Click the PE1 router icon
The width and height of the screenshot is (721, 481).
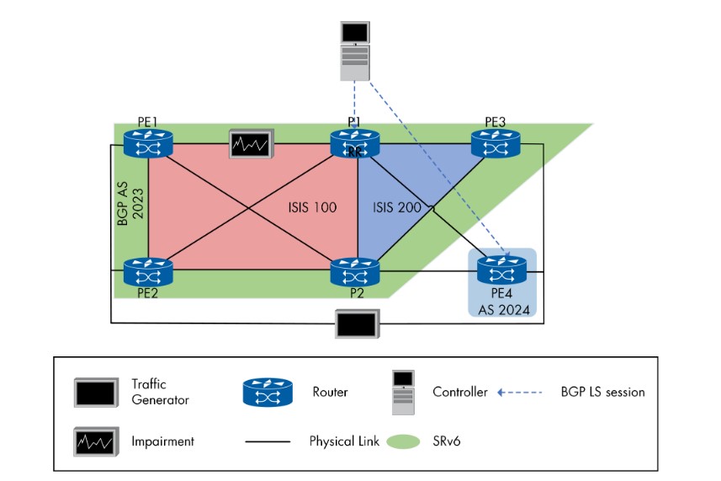[148, 144]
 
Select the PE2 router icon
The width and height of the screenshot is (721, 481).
[148, 272]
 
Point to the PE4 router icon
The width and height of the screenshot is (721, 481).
[501, 270]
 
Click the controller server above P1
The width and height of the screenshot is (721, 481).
[354, 51]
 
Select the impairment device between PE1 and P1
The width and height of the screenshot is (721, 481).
[252, 144]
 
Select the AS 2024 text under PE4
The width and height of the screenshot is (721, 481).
[501, 308]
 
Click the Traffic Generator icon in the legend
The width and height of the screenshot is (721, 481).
[97, 392]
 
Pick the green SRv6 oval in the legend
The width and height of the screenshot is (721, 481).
[402, 441]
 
